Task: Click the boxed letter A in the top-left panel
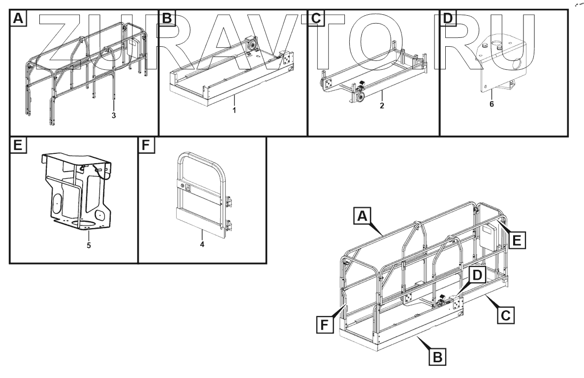coord(18,18)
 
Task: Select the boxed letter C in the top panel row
coord(315,18)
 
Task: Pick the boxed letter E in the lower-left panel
coord(18,146)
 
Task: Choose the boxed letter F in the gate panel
coord(146,146)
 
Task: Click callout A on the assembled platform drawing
coord(362,215)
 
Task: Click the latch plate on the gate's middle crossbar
coord(187,187)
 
